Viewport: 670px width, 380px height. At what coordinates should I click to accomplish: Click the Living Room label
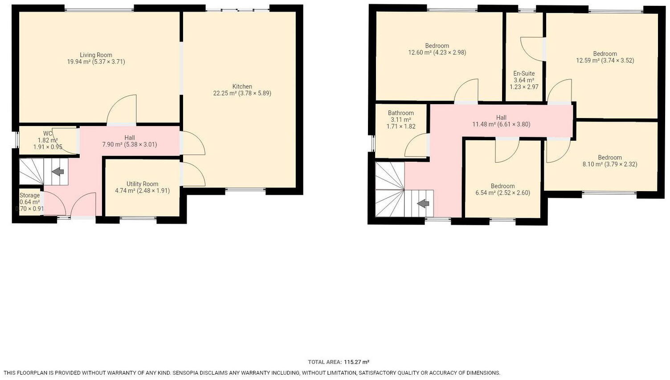click(x=96, y=55)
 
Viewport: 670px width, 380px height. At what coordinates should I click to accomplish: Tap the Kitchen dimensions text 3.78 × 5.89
click(x=255, y=94)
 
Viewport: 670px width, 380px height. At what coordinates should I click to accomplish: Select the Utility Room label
click(x=142, y=184)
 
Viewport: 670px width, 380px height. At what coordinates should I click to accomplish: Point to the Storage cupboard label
click(x=29, y=196)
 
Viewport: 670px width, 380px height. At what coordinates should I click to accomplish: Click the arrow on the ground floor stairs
click(x=58, y=172)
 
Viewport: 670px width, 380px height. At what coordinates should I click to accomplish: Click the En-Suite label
click(x=524, y=74)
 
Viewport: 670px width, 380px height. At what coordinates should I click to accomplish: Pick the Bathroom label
click(x=400, y=113)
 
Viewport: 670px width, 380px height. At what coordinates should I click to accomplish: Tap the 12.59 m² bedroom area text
click(x=588, y=61)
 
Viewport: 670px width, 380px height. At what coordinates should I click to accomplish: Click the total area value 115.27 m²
click(x=356, y=362)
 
